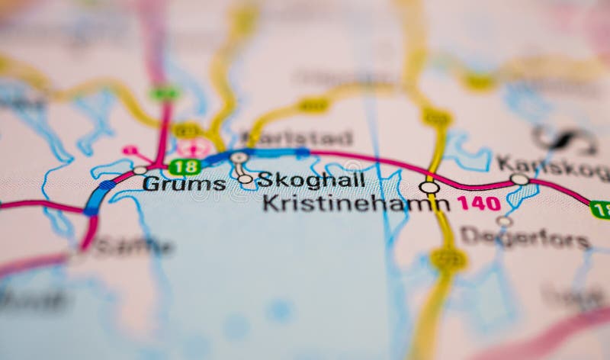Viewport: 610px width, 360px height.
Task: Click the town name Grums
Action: coord(184,184)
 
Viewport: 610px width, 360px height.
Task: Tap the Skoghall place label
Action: coord(310,181)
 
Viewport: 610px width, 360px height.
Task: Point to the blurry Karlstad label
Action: coord(297,139)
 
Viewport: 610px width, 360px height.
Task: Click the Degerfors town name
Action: coord(525,238)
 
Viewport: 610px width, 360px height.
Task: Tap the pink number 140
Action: coord(478,203)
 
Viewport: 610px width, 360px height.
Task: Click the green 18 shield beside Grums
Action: coord(185,166)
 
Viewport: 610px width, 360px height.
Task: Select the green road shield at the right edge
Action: coord(600,210)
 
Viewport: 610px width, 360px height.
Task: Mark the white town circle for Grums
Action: coord(140,170)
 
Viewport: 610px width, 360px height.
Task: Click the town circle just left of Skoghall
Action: coord(245,179)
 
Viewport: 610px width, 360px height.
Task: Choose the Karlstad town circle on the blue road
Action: coord(239,157)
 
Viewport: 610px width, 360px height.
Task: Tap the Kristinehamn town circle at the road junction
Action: coord(429,187)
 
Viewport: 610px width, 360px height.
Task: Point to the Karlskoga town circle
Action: coord(519,179)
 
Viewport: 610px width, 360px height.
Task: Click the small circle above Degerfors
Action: coord(504,221)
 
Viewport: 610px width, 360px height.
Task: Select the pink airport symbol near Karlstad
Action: coord(195,147)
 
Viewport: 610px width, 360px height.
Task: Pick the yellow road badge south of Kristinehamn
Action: coord(448,259)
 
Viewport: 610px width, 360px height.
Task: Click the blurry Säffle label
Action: coord(133,246)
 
